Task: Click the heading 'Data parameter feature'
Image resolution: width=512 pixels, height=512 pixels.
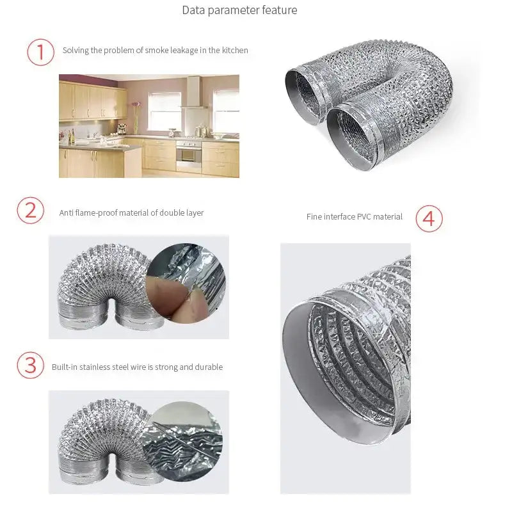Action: [x=239, y=10]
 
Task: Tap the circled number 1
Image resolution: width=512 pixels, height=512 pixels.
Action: [x=40, y=52]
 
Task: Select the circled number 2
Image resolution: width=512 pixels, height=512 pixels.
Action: [x=30, y=211]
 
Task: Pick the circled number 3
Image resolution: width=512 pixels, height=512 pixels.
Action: [x=30, y=365]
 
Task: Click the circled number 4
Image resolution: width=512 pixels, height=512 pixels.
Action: [x=429, y=218]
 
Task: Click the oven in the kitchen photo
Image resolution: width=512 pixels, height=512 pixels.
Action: [x=188, y=154]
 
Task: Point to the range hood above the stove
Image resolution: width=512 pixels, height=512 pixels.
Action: [x=193, y=96]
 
